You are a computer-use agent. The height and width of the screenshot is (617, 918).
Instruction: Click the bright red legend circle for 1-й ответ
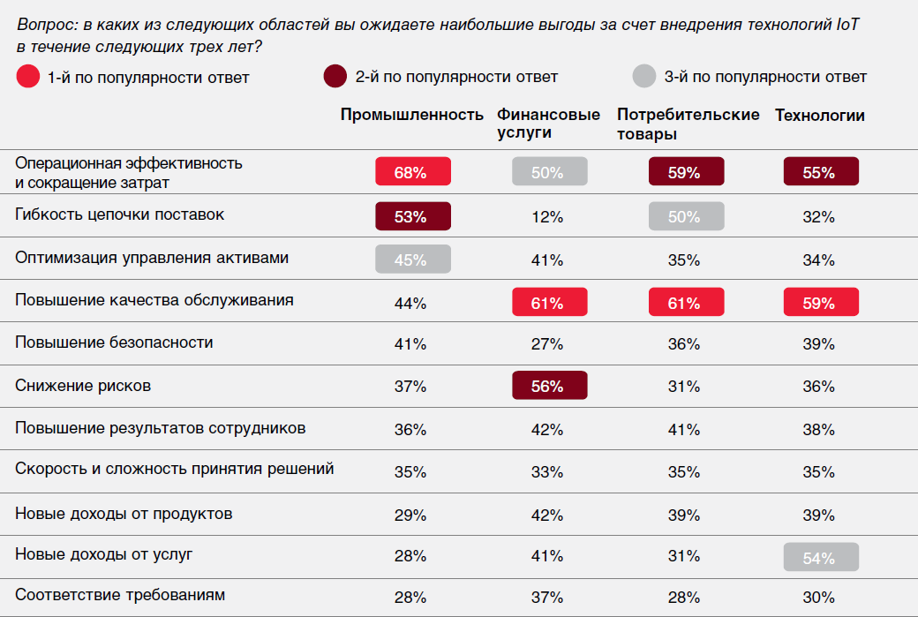pos(27,77)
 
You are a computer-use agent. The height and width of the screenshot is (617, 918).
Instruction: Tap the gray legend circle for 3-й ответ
pos(643,77)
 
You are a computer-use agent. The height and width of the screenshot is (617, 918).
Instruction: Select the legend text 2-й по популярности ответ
pos(456,78)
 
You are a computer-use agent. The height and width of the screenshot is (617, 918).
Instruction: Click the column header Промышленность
pos(412,116)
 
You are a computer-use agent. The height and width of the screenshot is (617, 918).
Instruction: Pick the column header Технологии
pos(820,116)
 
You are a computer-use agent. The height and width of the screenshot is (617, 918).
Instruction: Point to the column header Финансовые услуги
pos(548,124)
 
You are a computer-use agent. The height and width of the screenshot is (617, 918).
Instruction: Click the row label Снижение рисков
pos(83,386)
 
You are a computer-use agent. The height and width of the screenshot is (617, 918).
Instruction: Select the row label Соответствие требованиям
pos(120,595)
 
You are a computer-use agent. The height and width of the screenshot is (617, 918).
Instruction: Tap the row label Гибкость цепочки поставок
pos(120,214)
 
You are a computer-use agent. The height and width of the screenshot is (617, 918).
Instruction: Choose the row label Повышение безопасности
pos(114,342)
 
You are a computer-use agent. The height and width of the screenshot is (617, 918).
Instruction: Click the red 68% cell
pos(412,173)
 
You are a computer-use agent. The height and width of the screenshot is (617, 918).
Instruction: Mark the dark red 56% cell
pos(548,387)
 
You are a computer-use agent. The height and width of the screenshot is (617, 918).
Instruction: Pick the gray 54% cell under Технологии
pos(820,558)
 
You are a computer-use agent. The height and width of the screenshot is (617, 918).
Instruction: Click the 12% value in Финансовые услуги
pos(548,217)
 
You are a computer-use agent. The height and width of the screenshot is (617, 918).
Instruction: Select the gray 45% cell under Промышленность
pos(412,260)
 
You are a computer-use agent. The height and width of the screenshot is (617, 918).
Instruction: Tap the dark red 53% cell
pos(412,217)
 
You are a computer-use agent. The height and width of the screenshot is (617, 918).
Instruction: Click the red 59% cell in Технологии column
pos(820,304)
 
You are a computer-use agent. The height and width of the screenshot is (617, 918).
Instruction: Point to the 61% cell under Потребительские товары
pos(685,304)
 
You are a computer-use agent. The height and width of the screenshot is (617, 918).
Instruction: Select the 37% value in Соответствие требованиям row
pos(548,598)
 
